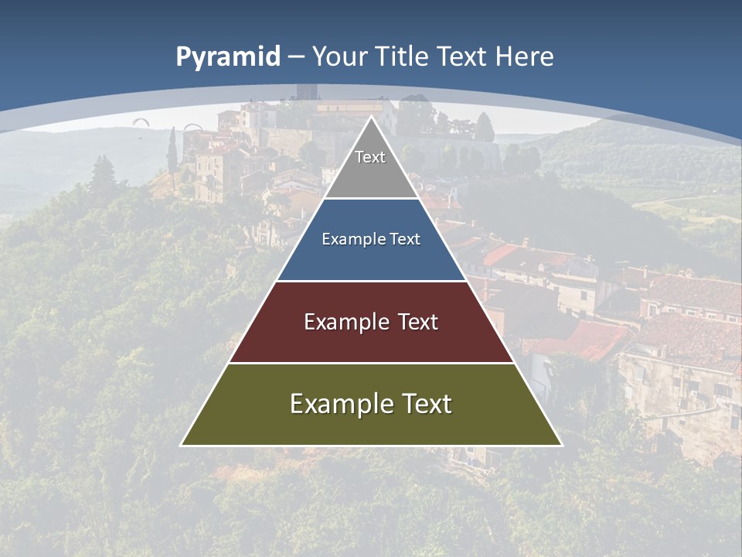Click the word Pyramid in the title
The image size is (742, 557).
pos(227,57)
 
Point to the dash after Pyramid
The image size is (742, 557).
pos(296,57)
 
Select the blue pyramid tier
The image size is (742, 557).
pos(371,259)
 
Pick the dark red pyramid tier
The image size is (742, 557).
pos(371,340)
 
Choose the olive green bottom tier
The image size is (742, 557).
pos(371,422)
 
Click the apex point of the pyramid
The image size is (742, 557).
pos(371,117)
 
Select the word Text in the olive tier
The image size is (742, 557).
pos(420,403)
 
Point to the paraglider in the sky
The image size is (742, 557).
pos(141,121)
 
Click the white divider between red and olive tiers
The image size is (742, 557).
pos(371,363)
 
